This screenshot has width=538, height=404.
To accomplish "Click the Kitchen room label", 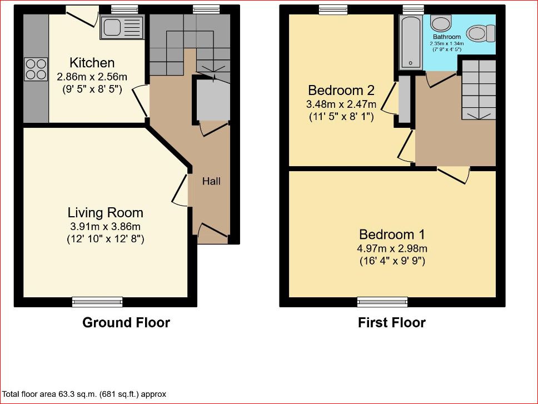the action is point(92,63).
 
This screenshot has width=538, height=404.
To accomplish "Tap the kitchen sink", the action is point(122,27).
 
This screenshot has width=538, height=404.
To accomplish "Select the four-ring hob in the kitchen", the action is point(36,69).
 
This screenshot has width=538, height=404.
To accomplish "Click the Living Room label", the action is point(106,213).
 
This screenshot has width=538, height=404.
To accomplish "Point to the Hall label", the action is point(211,181).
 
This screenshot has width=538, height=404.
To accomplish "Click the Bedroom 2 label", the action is point(341,90).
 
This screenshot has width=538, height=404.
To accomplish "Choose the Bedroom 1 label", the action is point(392,235).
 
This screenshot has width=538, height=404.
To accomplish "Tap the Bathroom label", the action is point(447,37).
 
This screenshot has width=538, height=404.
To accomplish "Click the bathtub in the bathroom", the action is point(410,42).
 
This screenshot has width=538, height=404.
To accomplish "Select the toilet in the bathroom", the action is point(481,33).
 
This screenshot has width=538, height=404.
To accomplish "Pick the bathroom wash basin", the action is point(441,23).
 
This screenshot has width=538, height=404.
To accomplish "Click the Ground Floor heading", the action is point(126,323).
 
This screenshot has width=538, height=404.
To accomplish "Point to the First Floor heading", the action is point(392,323).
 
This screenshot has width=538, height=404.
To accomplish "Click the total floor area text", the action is point(84,394).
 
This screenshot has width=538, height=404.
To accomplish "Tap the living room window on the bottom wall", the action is point(97,302).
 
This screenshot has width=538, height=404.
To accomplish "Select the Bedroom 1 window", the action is point(382,302).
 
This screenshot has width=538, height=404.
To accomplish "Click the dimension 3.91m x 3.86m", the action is point(106,226).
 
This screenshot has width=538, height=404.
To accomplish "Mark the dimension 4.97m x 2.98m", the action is point(392,248).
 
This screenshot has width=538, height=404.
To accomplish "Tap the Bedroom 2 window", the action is point(333,9).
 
